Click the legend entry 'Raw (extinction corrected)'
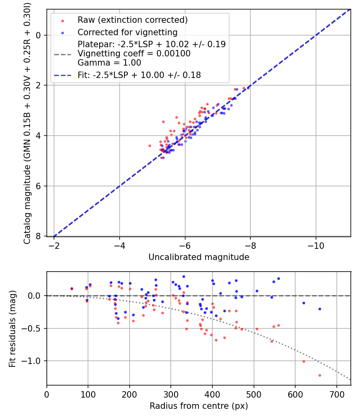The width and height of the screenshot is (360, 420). tap(132, 20)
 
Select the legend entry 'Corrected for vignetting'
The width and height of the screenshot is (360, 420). tap(127, 32)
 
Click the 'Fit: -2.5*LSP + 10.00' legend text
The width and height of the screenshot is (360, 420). tap(139, 75)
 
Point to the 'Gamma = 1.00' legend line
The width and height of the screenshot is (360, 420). tap(109, 62)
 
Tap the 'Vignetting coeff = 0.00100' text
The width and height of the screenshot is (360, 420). tap(134, 54)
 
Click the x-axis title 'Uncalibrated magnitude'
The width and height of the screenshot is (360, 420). tap(199, 257)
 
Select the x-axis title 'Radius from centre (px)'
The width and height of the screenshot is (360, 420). tap(199, 406)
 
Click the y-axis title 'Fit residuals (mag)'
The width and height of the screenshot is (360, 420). tap(12, 328)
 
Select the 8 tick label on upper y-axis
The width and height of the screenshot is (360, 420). tap(38, 236)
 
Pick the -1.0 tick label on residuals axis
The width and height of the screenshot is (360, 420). tap(34, 361)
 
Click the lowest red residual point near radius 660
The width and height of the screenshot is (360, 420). tap(320, 375)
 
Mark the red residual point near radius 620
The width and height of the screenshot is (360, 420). tap(304, 361)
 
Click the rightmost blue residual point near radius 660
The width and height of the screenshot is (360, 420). tap(320, 309)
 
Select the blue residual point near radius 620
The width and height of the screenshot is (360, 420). tap(304, 303)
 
